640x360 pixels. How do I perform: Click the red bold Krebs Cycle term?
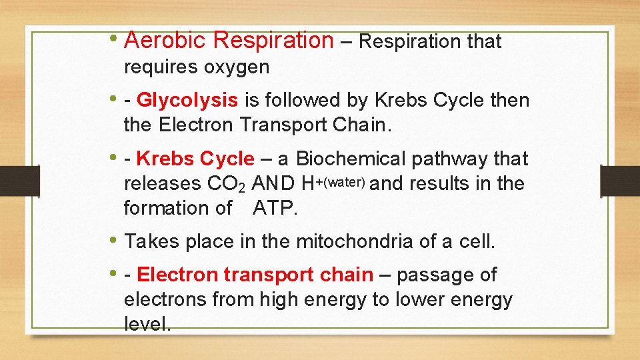pos(195,159)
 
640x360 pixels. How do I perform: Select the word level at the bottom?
pos(147,325)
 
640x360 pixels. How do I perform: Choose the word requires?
pos(161,67)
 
